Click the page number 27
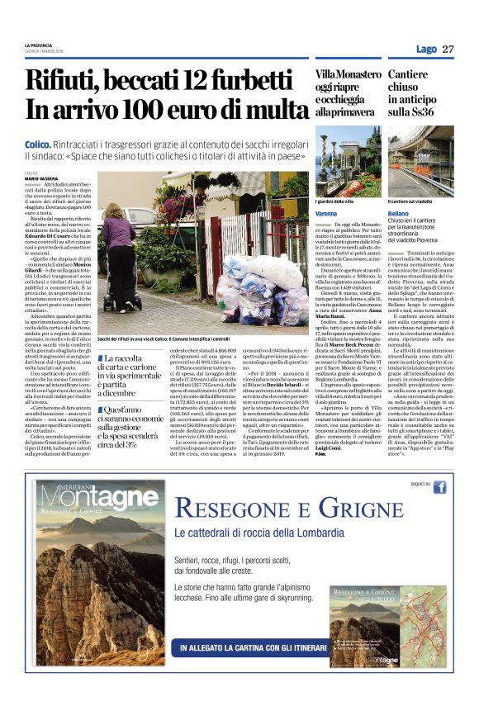[x=448, y=49]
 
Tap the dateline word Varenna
[x=327, y=214]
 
